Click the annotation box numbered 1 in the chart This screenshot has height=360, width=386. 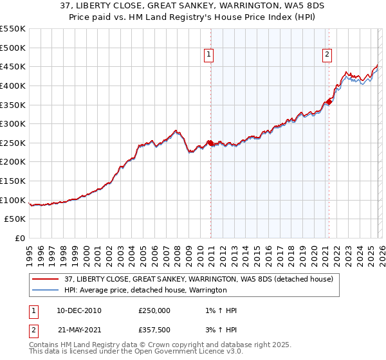[210, 55]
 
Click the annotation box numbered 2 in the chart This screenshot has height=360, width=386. [327, 55]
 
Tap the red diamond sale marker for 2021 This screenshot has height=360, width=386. [329, 102]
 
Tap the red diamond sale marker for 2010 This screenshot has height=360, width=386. [210, 143]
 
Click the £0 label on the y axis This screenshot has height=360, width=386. [21, 239]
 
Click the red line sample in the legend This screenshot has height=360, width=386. [45, 279]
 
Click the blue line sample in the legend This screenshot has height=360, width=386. [45, 291]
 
